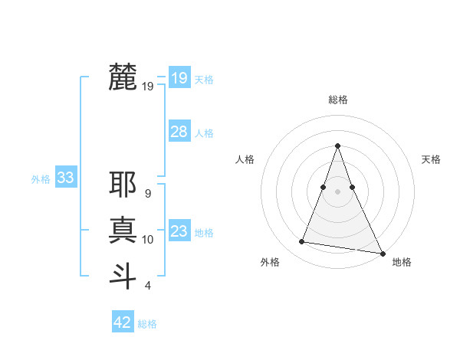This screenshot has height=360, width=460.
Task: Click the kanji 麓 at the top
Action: (x=123, y=77)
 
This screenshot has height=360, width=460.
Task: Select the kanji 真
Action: (x=123, y=230)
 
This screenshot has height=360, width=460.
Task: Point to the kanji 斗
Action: (x=123, y=275)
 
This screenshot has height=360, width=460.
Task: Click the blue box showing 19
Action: (x=179, y=77)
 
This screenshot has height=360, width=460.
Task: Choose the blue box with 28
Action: (x=179, y=132)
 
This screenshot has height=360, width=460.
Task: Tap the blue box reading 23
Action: (x=179, y=231)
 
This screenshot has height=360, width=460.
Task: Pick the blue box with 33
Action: (x=65, y=178)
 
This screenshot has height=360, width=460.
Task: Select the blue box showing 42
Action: (x=123, y=322)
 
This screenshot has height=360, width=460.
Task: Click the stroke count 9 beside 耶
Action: (x=147, y=194)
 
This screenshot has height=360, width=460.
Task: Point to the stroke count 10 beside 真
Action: (x=147, y=240)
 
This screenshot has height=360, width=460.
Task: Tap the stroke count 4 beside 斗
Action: (x=147, y=286)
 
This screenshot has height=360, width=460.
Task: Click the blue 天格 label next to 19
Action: (x=204, y=80)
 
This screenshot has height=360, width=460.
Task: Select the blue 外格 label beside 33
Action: (x=41, y=179)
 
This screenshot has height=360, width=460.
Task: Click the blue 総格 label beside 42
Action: (x=147, y=324)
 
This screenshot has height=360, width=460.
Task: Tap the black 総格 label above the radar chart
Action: (x=337, y=100)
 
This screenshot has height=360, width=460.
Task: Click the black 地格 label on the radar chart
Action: (x=402, y=262)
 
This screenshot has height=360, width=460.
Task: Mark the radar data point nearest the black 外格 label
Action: (x=302, y=242)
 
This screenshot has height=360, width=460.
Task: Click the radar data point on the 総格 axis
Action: (x=337, y=146)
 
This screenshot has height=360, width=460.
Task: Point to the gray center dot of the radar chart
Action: (x=337, y=191)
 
